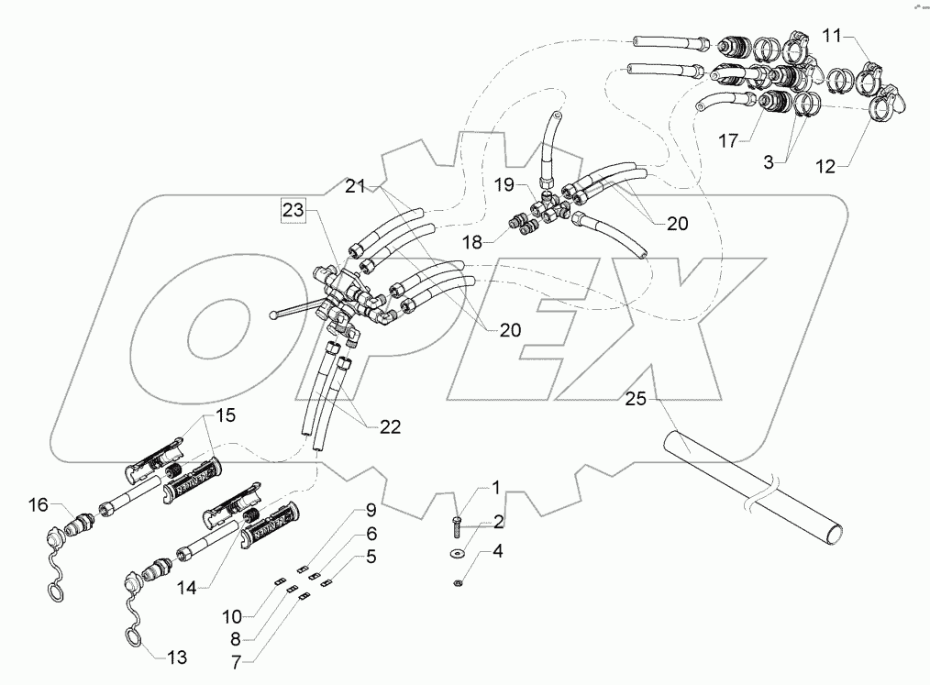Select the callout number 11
(x=831, y=36)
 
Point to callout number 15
(x=225, y=414)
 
